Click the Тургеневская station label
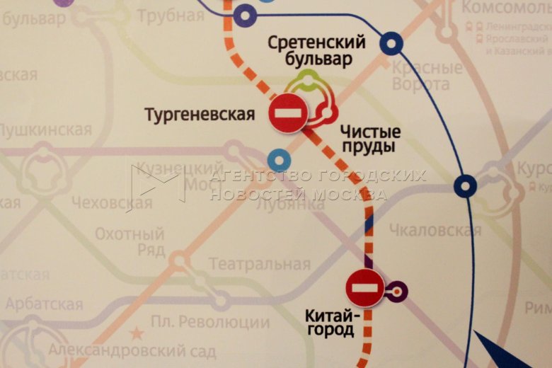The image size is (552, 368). click(x=199, y=115)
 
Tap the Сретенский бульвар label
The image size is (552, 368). click(x=316, y=51)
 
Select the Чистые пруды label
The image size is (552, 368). click(x=369, y=139)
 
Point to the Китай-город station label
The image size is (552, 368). click(x=330, y=323)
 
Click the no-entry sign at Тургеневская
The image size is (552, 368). click(x=288, y=113)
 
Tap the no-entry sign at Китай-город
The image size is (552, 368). click(x=365, y=288)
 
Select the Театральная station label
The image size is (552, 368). click(x=259, y=265)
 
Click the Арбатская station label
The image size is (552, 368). click(x=44, y=304)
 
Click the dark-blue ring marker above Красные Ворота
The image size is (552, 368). click(x=391, y=44)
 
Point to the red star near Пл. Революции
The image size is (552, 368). click(x=136, y=333)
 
